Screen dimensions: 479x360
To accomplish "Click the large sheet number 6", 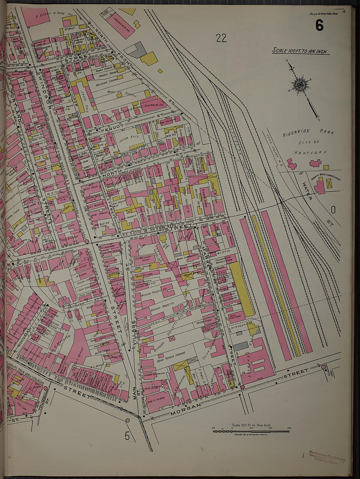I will (319, 25).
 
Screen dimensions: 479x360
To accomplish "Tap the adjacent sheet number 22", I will (221, 38).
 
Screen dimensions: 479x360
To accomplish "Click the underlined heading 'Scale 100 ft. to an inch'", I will (300, 51).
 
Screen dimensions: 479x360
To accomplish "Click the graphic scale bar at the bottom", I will (251, 432).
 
